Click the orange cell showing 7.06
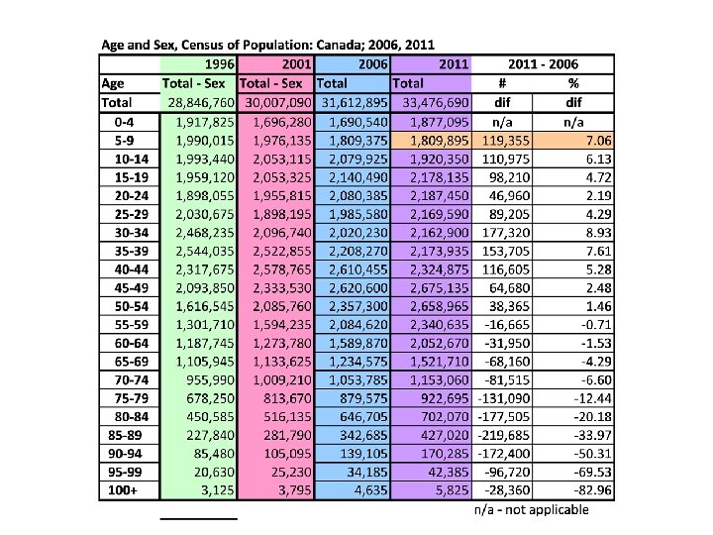click(572, 140)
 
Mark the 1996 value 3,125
click(213, 489)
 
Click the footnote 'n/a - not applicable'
click(531, 509)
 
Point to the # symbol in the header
click(502, 83)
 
